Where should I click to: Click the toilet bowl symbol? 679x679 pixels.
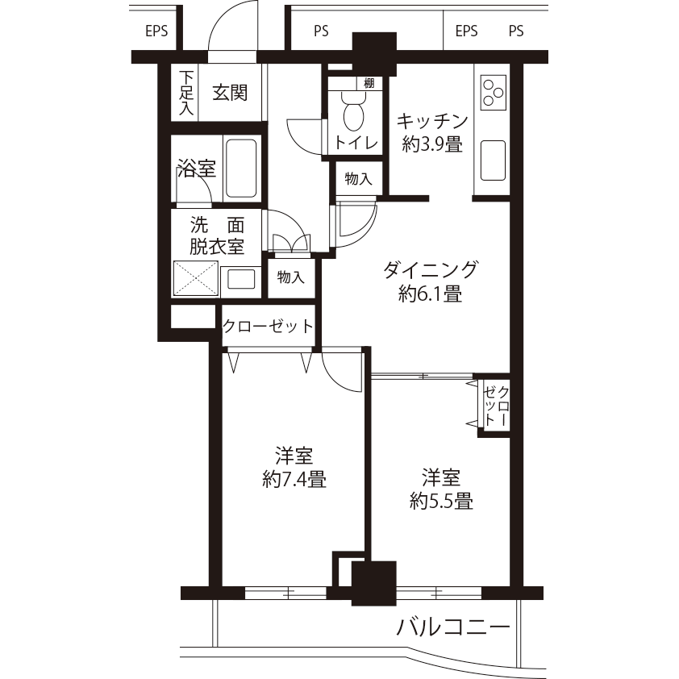(354, 112)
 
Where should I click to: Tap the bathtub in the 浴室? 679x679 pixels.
(241, 168)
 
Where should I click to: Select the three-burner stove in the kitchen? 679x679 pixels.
(493, 92)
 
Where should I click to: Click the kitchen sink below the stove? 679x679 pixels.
(493, 160)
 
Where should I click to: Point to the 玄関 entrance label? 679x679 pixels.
(230, 93)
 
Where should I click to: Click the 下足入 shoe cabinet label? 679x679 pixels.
(185, 93)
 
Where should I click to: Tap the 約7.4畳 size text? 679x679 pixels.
(294, 479)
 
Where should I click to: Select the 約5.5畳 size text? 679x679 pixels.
(441, 501)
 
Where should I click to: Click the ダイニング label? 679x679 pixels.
(431, 270)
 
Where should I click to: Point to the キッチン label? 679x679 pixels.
(432, 121)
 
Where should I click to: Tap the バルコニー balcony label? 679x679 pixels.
(453, 627)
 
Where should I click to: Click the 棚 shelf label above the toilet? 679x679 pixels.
(369, 83)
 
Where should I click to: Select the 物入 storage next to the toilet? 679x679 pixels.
(359, 178)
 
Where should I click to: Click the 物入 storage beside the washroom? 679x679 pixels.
(291, 277)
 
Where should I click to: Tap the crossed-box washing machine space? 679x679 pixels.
(196, 278)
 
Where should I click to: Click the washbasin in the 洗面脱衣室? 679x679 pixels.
(241, 279)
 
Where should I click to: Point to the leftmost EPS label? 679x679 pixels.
(156, 31)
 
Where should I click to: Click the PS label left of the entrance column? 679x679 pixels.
(321, 31)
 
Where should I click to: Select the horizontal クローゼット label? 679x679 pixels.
(268, 326)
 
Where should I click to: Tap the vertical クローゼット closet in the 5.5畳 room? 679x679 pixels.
(496, 406)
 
